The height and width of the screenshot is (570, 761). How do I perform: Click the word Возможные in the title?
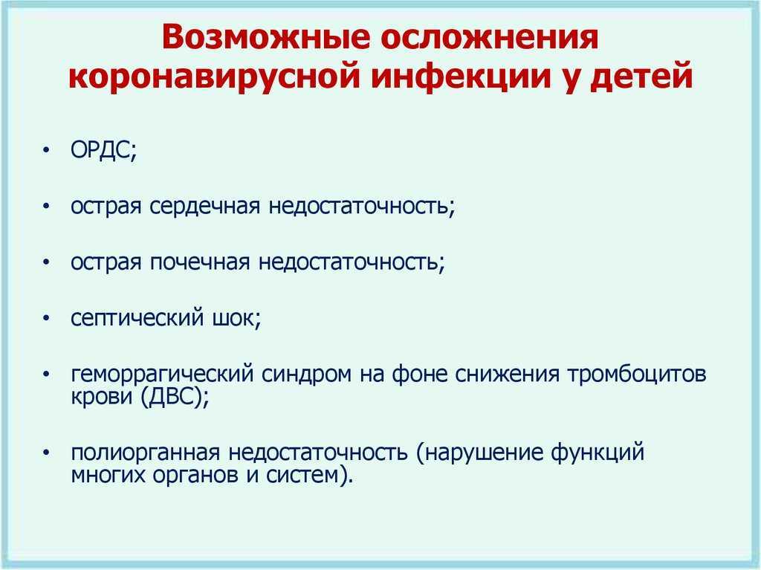click(x=265, y=37)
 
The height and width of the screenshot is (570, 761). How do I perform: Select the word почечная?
click(x=199, y=262)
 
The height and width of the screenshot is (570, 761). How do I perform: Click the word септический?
click(x=137, y=319)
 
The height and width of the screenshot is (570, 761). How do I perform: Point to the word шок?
click(x=234, y=319)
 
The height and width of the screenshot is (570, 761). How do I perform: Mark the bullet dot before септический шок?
click(x=46, y=319)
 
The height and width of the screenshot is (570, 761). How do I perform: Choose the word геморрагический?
click(x=162, y=374)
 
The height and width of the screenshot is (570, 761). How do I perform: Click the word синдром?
click(x=307, y=374)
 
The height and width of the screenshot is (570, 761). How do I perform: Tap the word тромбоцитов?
click(x=637, y=374)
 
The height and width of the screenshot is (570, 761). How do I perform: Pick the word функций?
click(x=598, y=453)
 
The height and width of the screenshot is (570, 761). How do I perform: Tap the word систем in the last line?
click(x=301, y=474)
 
